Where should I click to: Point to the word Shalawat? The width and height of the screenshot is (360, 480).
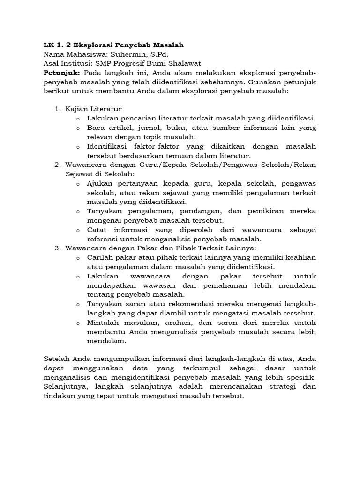coord(172,63)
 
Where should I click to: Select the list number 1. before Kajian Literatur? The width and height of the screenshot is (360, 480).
coord(58,109)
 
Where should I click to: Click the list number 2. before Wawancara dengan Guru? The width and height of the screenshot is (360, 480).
coord(58,165)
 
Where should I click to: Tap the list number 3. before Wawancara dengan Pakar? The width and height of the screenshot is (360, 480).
coord(58,248)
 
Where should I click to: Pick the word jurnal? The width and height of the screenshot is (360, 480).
coord(145,127)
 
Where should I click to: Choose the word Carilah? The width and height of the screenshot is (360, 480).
coord(100,257)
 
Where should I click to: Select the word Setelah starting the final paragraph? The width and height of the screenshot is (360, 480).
coord(56,359)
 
